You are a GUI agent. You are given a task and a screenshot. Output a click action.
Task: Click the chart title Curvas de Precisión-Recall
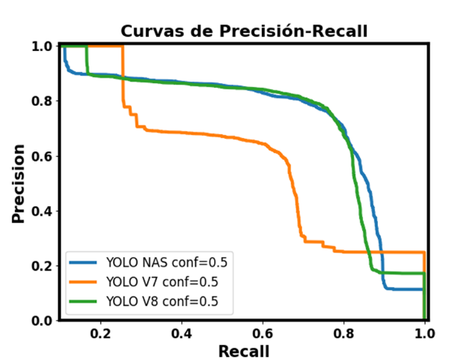(x=244, y=31)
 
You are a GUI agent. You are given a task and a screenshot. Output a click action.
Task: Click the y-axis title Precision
(x=19, y=183)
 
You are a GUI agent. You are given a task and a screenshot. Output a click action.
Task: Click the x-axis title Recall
(x=244, y=351)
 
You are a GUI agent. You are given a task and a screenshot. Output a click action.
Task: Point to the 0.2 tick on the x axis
(x=100, y=332)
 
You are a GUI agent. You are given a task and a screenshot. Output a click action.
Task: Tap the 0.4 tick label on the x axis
(x=182, y=332)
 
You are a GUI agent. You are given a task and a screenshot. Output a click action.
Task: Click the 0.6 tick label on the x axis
(x=263, y=332)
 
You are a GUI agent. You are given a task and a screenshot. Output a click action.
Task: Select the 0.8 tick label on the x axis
(x=343, y=332)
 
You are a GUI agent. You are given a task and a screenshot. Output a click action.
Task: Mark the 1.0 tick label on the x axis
(x=424, y=332)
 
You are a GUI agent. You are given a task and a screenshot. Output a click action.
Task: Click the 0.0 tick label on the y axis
(x=42, y=321)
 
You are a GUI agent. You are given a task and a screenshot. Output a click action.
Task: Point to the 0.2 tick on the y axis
(x=42, y=266)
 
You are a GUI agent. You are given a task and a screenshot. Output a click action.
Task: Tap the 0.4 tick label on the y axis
(x=42, y=211)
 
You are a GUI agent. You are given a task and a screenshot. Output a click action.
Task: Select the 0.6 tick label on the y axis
(x=42, y=156)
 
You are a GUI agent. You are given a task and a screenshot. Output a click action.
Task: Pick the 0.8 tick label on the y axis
(x=42, y=101)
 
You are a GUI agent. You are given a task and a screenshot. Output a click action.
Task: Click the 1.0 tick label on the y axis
(x=42, y=46)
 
